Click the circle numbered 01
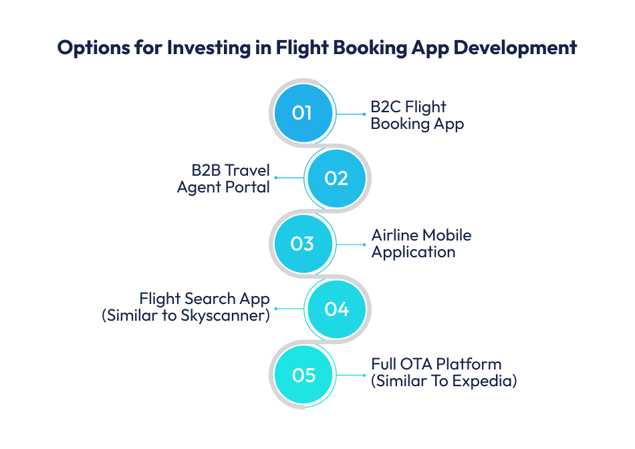pos(303,113)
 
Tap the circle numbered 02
pos(337,178)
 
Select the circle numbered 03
pos(303,244)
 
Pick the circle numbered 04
pos(337,309)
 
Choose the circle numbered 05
pos(303,375)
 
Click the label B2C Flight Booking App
pos(417,115)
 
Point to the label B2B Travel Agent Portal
pos(223,178)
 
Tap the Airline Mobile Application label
pos(421,244)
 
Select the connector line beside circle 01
pos(350,114)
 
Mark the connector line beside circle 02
pos(289,178)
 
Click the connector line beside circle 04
pos(289,309)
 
